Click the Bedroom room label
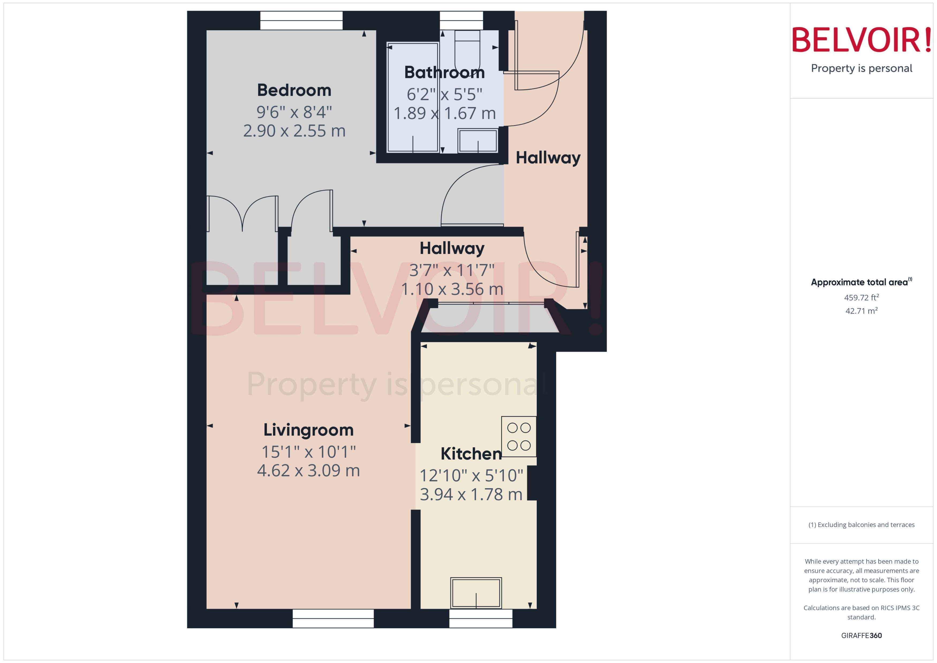(294, 90)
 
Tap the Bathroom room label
(444, 72)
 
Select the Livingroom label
(308, 430)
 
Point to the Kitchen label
(471, 454)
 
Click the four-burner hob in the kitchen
(519, 436)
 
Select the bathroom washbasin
(477, 141)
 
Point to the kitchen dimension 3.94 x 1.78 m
(471, 494)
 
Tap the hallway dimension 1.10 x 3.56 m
(452, 289)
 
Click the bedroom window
(301, 20)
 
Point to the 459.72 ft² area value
(861, 298)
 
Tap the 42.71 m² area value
(861, 311)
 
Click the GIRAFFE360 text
(861, 636)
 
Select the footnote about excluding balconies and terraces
(861, 525)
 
